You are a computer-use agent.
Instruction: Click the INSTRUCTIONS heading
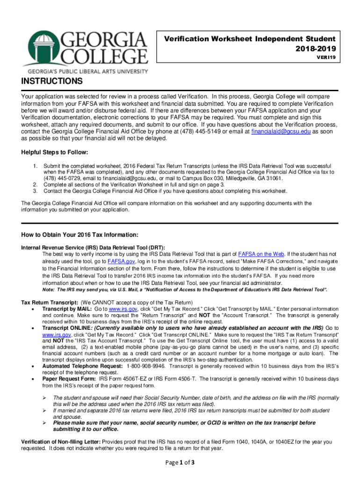(x=52, y=82)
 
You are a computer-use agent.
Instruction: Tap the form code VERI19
(x=327, y=57)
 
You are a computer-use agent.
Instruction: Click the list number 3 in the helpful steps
(x=35, y=191)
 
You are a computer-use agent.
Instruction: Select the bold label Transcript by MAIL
(x=67, y=310)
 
